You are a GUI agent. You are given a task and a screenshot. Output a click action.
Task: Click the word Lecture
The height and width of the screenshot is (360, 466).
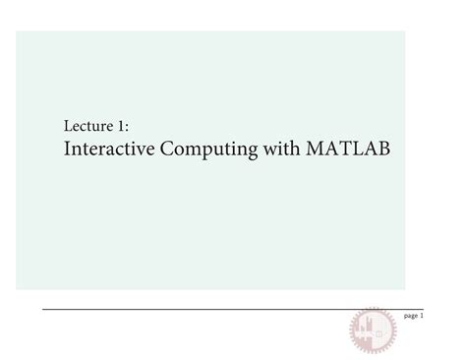87,127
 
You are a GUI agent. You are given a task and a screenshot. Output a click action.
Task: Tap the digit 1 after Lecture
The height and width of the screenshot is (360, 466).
122,127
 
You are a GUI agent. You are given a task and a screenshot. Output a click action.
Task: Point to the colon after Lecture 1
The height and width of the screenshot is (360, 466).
128,128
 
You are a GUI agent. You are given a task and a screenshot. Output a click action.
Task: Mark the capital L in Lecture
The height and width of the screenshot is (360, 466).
67,127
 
